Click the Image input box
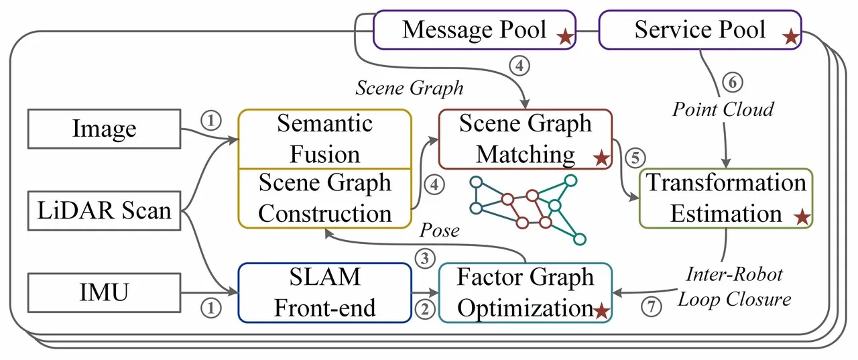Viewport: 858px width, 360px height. click(x=104, y=129)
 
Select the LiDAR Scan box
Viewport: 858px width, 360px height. click(x=104, y=211)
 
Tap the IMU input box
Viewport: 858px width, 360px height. click(x=104, y=293)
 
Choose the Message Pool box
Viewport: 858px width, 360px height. click(x=475, y=30)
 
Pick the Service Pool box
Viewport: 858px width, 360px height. click(x=700, y=30)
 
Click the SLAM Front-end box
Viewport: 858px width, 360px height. click(x=325, y=293)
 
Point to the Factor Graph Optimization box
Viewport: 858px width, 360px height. click(x=526, y=293)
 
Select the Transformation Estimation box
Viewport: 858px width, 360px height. click(x=726, y=198)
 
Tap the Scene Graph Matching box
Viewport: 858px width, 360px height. click(x=526, y=139)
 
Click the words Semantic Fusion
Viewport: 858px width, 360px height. click(x=325, y=139)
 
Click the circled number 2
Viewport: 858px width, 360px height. click(x=425, y=309)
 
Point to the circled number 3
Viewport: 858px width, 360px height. click(x=425, y=259)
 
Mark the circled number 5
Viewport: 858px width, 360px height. click(x=635, y=158)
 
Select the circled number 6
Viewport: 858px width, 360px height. click(x=733, y=82)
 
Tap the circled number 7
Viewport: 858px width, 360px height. click(x=652, y=307)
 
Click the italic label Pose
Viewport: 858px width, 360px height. click(x=439, y=231)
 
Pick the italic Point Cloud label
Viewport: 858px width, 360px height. click(x=723, y=109)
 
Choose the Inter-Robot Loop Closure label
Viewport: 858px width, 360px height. click(x=734, y=287)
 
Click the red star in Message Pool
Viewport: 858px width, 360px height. click(x=565, y=37)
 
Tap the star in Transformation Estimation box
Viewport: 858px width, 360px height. click(x=802, y=217)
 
